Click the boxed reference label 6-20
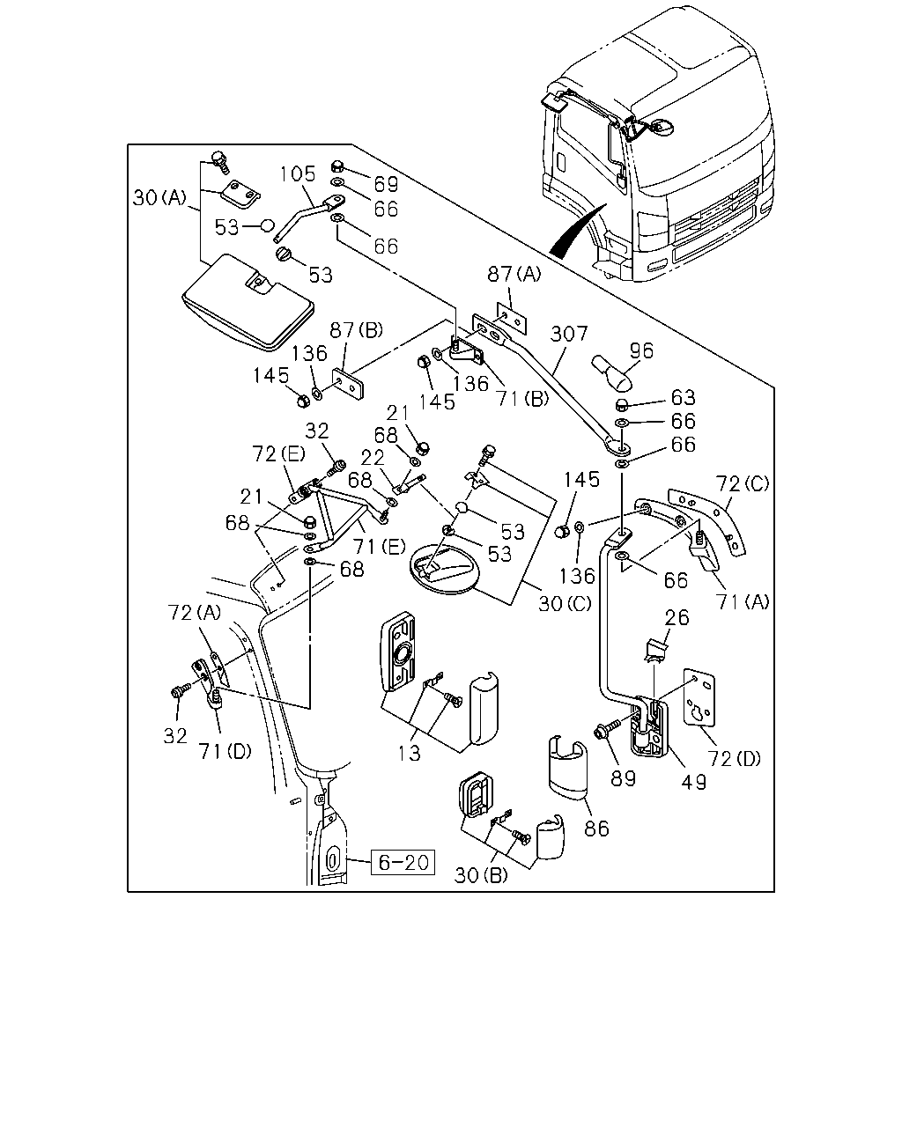click(403, 861)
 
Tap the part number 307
click(569, 333)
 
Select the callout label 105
click(298, 173)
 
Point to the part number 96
click(642, 350)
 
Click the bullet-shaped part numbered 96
click(612, 372)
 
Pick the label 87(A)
click(514, 273)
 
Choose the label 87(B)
click(357, 329)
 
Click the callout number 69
click(387, 184)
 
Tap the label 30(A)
click(159, 197)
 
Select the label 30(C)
click(565, 604)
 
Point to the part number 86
click(596, 828)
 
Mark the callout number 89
click(623, 778)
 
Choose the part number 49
click(694, 782)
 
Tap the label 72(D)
click(734, 758)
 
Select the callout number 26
click(676, 617)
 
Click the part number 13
click(410, 753)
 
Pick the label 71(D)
click(225, 752)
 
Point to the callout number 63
click(684, 398)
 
